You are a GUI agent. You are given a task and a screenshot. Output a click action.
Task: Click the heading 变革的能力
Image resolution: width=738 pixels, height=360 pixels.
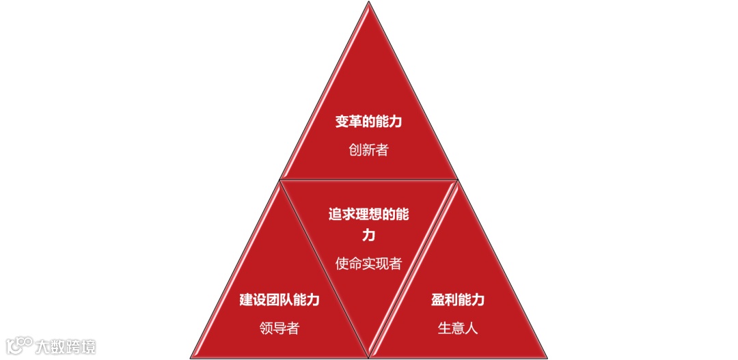pos(368,122)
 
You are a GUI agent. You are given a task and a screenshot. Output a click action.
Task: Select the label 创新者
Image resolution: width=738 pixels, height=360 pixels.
pos(368,150)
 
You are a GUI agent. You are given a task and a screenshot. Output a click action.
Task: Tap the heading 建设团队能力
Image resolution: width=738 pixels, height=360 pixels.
pos(279,300)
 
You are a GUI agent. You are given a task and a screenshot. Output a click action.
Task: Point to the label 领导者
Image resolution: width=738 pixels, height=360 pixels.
pos(279,328)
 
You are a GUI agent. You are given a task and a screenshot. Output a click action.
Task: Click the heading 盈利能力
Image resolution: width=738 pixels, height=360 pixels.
pos(458,300)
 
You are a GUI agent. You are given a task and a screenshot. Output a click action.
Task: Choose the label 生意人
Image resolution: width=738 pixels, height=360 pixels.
pos(458,328)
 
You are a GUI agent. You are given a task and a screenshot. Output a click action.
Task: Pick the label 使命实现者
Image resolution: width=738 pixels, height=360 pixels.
pos(368,263)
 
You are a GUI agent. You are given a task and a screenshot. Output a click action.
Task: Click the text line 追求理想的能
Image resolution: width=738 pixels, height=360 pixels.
pos(368,214)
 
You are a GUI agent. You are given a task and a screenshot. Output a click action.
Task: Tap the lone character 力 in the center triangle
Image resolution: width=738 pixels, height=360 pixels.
pos(368,236)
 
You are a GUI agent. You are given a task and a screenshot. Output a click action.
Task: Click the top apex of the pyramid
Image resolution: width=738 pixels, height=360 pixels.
pos(369,3)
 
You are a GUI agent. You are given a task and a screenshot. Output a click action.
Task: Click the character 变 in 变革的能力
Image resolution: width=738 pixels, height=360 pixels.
pos(342,122)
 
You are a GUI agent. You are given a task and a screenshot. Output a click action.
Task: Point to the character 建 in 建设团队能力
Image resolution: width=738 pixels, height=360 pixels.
pos(246,300)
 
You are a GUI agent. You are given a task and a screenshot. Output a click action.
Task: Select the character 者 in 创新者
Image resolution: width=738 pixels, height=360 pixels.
pos(381,150)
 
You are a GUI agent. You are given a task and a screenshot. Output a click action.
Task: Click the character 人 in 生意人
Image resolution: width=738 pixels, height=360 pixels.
pos(471,328)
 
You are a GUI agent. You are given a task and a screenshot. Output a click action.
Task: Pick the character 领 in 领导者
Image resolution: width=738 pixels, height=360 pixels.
pos(266,328)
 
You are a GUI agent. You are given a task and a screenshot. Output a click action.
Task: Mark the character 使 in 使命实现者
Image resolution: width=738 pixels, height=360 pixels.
pos(342,263)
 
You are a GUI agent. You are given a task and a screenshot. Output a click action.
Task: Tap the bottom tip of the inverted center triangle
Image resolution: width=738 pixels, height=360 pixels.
pos(369,357)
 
